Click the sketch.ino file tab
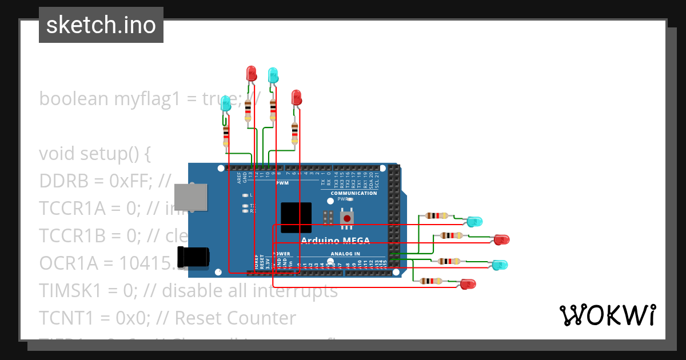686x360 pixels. [x=101, y=25]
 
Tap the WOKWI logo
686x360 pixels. [x=607, y=315]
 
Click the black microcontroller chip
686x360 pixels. [x=296, y=217]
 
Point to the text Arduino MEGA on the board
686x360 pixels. [x=335, y=240]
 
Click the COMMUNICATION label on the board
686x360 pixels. [x=353, y=193]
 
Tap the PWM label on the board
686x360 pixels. [x=282, y=183]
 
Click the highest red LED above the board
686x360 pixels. [x=251, y=73]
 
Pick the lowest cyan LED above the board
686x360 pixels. [x=226, y=103]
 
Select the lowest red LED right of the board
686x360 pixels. [x=468, y=284]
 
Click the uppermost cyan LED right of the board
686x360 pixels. [x=474, y=221]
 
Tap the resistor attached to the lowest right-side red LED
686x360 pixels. [x=430, y=281]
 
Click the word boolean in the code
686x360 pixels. [x=73, y=98]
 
